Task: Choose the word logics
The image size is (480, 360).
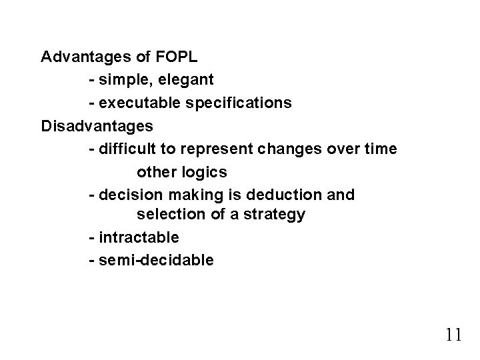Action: tap(205, 172)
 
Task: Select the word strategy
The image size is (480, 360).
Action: tap(275, 215)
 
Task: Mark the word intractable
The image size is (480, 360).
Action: tap(139, 237)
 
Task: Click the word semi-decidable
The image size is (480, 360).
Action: tap(156, 260)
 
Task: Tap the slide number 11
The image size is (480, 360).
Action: tap(453, 333)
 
